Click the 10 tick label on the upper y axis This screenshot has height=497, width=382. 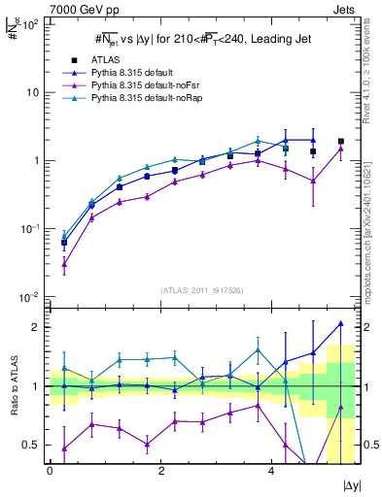click(31, 92)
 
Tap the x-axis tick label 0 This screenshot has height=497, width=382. click(50, 470)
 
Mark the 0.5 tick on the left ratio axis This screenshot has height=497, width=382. click(33, 445)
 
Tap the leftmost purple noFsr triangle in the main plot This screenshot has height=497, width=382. click(64, 263)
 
